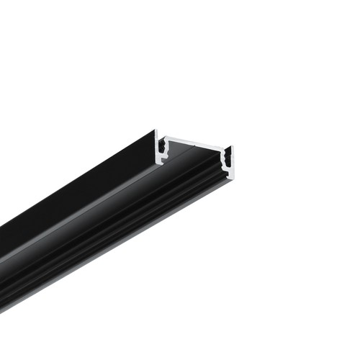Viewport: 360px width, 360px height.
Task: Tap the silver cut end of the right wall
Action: click(231, 162)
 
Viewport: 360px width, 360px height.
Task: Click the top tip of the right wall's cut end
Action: click(232, 147)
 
